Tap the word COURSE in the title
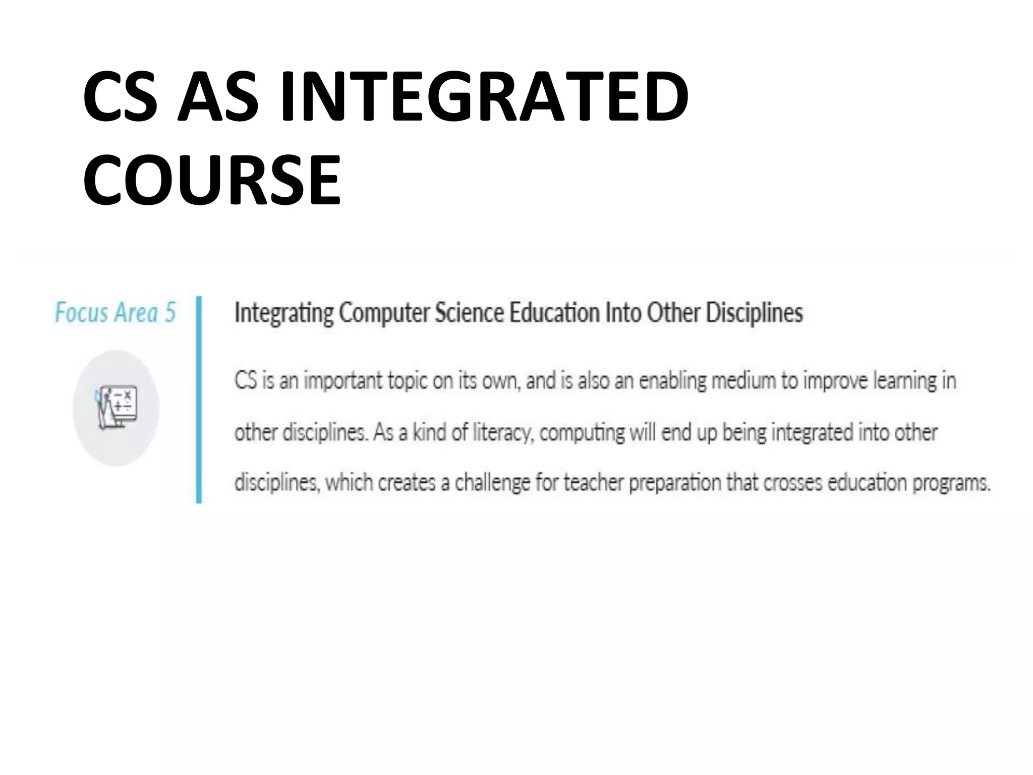(x=212, y=180)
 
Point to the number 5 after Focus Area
(x=170, y=312)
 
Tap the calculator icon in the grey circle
(x=117, y=408)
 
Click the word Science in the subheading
(x=469, y=312)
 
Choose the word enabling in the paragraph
(x=672, y=380)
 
